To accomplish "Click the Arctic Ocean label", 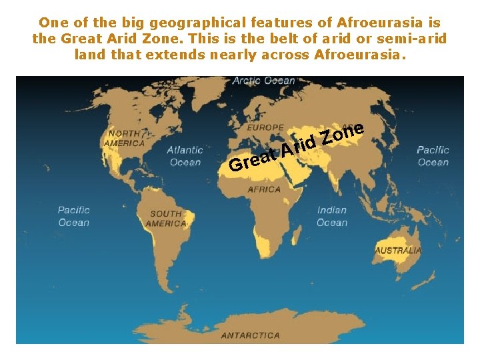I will (x=263, y=81).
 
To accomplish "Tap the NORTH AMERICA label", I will (x=125, y=138).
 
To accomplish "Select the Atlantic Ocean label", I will (x=185, y=156).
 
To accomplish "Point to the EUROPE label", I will (x=265, y=127).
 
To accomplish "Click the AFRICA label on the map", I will (x=264, y=189).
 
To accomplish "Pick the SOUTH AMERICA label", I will (x=166, y=219).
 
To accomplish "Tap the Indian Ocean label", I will (x=331, y=216).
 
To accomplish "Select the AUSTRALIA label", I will (x=398, y=251).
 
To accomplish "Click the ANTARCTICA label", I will (x=251, y=335).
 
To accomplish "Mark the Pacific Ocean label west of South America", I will (x=73, y=216).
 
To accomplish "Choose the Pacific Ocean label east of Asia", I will (x=433, y=156).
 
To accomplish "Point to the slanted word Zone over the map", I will (x=342, y=132).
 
